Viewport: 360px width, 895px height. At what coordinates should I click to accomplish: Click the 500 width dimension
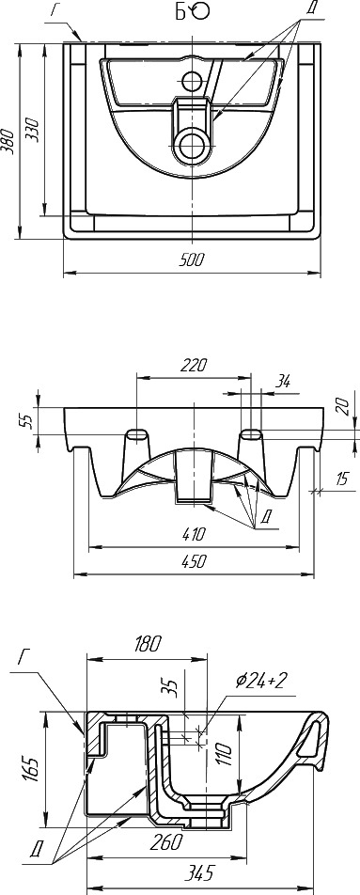pyautogui.click(x=191, y=260)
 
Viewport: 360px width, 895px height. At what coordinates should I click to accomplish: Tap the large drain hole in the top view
pyautogui.click(x=193, y=144)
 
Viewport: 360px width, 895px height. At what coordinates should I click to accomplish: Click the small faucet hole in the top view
pyautogui.click(x=194, y=82)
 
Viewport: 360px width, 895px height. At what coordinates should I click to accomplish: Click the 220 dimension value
pyautogui.click(x=195, y=365)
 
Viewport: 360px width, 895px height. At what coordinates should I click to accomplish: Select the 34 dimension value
pyautogui.click(x=282, y=380)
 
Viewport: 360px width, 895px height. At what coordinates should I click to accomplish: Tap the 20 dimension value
pyautogui.click(x=343, y=406)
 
